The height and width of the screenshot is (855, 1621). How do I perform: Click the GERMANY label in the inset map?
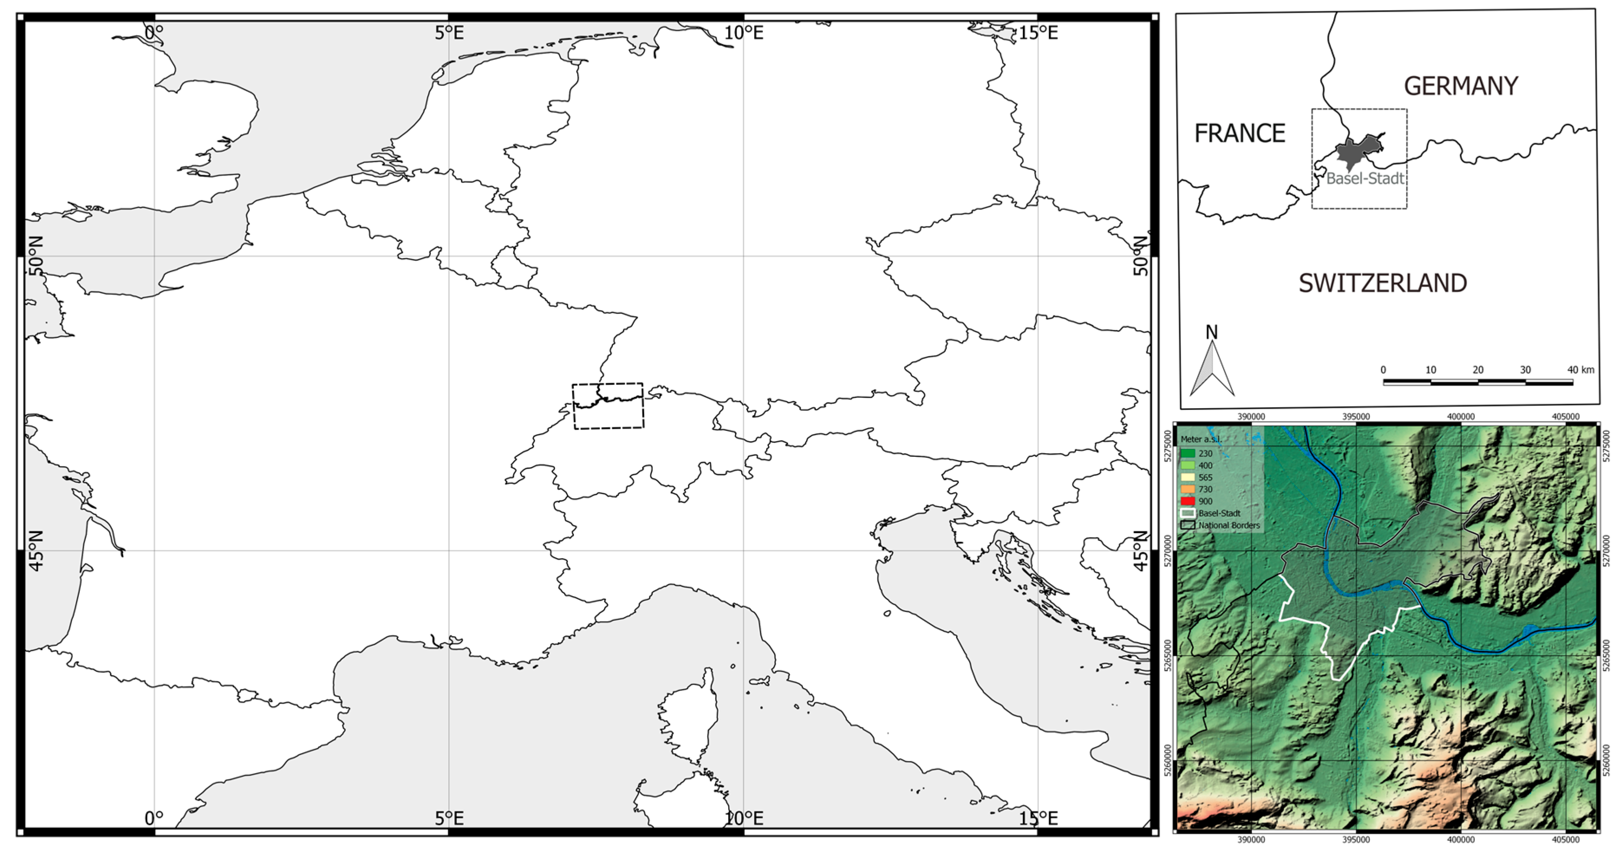1461,86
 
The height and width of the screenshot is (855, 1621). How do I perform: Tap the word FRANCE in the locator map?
1239,133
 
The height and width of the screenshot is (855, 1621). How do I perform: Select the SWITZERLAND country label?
1383,284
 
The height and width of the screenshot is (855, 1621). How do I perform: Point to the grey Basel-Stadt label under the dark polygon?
1365,179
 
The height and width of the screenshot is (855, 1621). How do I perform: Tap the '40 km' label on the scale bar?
1580,370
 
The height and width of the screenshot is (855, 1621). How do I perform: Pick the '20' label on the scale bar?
1478,370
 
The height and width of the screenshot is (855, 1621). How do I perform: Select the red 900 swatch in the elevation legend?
1188,501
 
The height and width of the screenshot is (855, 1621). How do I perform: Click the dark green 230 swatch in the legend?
1188,453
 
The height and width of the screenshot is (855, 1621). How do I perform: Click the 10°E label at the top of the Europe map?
743,33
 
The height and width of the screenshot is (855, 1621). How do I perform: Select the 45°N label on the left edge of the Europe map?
36,550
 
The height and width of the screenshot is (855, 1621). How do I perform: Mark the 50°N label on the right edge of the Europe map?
1140,256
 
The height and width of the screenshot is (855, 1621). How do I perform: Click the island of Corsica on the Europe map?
688,717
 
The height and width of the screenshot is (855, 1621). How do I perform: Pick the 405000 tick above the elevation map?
1565,416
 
